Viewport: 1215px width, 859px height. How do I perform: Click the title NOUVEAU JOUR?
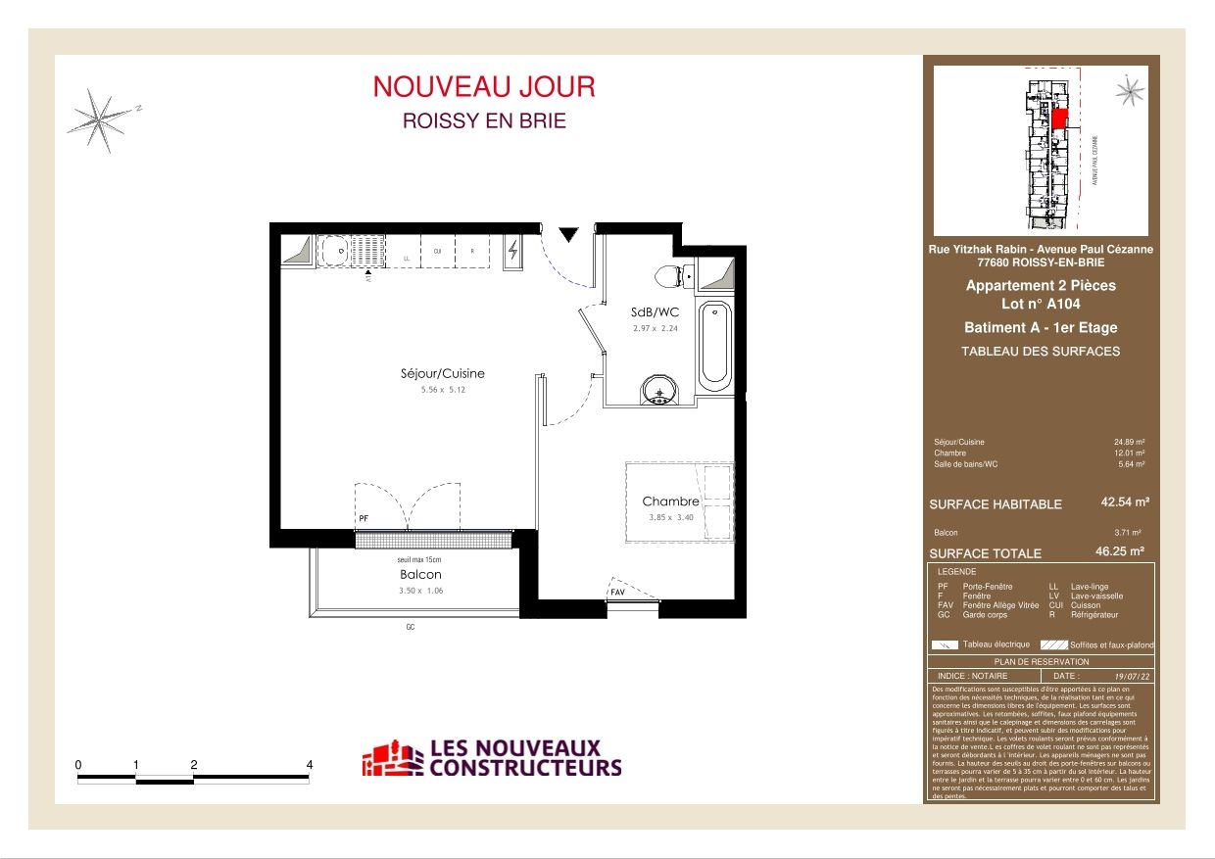coord(483,86)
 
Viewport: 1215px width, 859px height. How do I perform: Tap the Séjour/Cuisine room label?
coord(442,373)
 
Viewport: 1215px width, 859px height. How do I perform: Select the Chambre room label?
coord(670,501)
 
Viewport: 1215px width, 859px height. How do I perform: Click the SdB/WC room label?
coord(655,312)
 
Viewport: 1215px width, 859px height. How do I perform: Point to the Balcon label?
coord(419,574)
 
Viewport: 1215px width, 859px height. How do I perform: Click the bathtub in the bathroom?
coord(714,344)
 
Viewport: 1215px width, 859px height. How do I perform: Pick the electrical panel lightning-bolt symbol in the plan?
coord(514,252)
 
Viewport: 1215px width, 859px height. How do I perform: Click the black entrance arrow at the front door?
coord(568,234)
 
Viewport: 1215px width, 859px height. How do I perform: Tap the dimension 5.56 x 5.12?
coord(442,390)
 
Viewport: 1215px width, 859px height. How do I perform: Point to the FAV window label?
coord(618,593)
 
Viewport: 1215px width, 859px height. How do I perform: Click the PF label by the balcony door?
coord(363,517)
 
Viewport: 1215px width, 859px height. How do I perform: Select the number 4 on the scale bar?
coord(310,764)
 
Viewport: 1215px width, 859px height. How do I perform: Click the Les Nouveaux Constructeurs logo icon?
coord(393,758)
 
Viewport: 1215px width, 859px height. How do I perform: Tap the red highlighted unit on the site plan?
coord(1058,119)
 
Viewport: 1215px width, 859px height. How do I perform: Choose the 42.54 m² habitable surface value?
coord(1125,501)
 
